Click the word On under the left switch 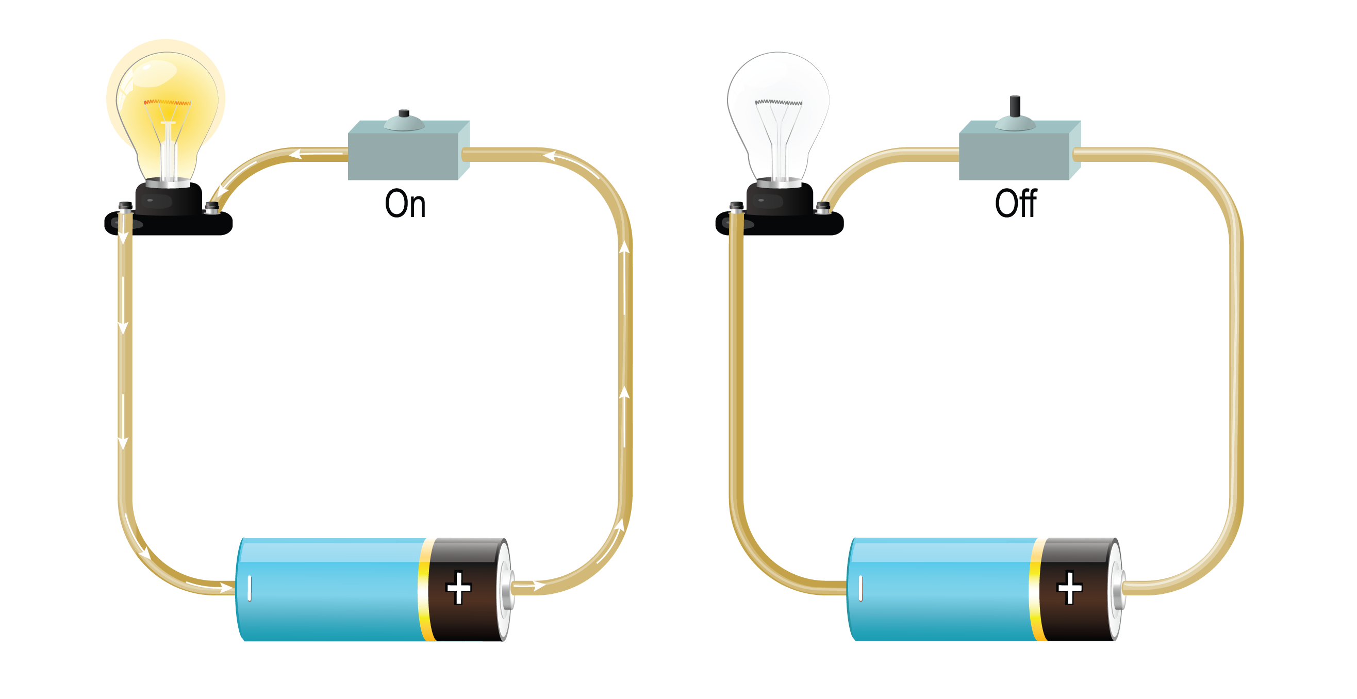(x=405, y=204)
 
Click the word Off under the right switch (x=1016, y=204)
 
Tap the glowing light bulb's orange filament (x=167, y=102)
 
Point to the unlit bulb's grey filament (x=778, y=102)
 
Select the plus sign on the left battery (x=458, y=587)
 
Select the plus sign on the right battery (x=1069, y=587)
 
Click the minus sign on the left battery (x=249, y=588)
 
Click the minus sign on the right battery (x=860, y=588)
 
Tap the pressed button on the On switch (x=404, y=113)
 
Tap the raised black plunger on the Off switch (x=1015, y=105)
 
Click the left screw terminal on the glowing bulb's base (x=125, y=206)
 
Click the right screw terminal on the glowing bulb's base (x=212, y=207)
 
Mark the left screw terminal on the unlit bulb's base (x=736, y=206)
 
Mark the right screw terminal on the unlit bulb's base (x=823, y=207)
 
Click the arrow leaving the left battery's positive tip (x=538, y=585)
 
